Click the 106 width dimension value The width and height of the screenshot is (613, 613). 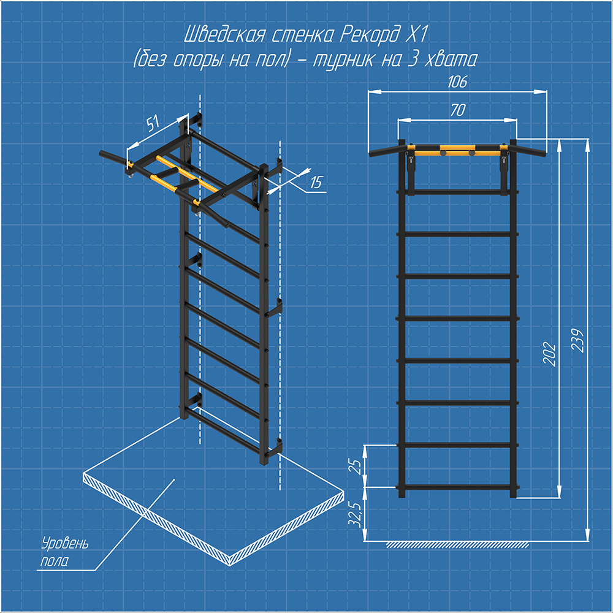click(457, 82)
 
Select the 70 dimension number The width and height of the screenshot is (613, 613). click(458, 110)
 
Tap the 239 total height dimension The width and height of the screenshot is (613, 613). click(577, 340)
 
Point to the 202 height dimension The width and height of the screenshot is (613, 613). click(549, 354)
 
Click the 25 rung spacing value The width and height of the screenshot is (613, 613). click(357, 466)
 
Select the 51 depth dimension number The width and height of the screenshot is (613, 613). click(153, 123)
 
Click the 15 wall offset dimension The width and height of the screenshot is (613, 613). click(316, 182)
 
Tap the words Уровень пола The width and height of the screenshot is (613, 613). click(64, 552)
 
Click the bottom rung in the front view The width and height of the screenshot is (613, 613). click(457, 487)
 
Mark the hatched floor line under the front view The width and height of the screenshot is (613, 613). click(457, 545)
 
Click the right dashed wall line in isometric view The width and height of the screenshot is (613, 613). click(280, 315)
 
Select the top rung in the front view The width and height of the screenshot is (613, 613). click(457, 192)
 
